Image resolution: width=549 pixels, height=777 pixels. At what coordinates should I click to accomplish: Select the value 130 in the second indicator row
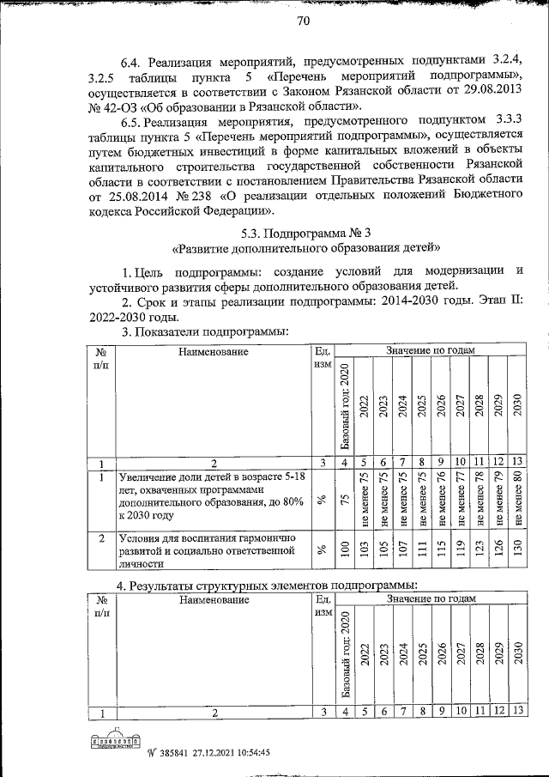click(x=517, y=549)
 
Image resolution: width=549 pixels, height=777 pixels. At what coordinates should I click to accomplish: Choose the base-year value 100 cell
click(x=344, y=549)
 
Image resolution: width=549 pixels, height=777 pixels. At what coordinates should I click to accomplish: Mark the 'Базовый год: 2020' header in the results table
click(x=344, y=653)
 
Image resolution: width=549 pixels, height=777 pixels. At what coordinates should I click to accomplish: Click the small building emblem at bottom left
click(x=113, y=741)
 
